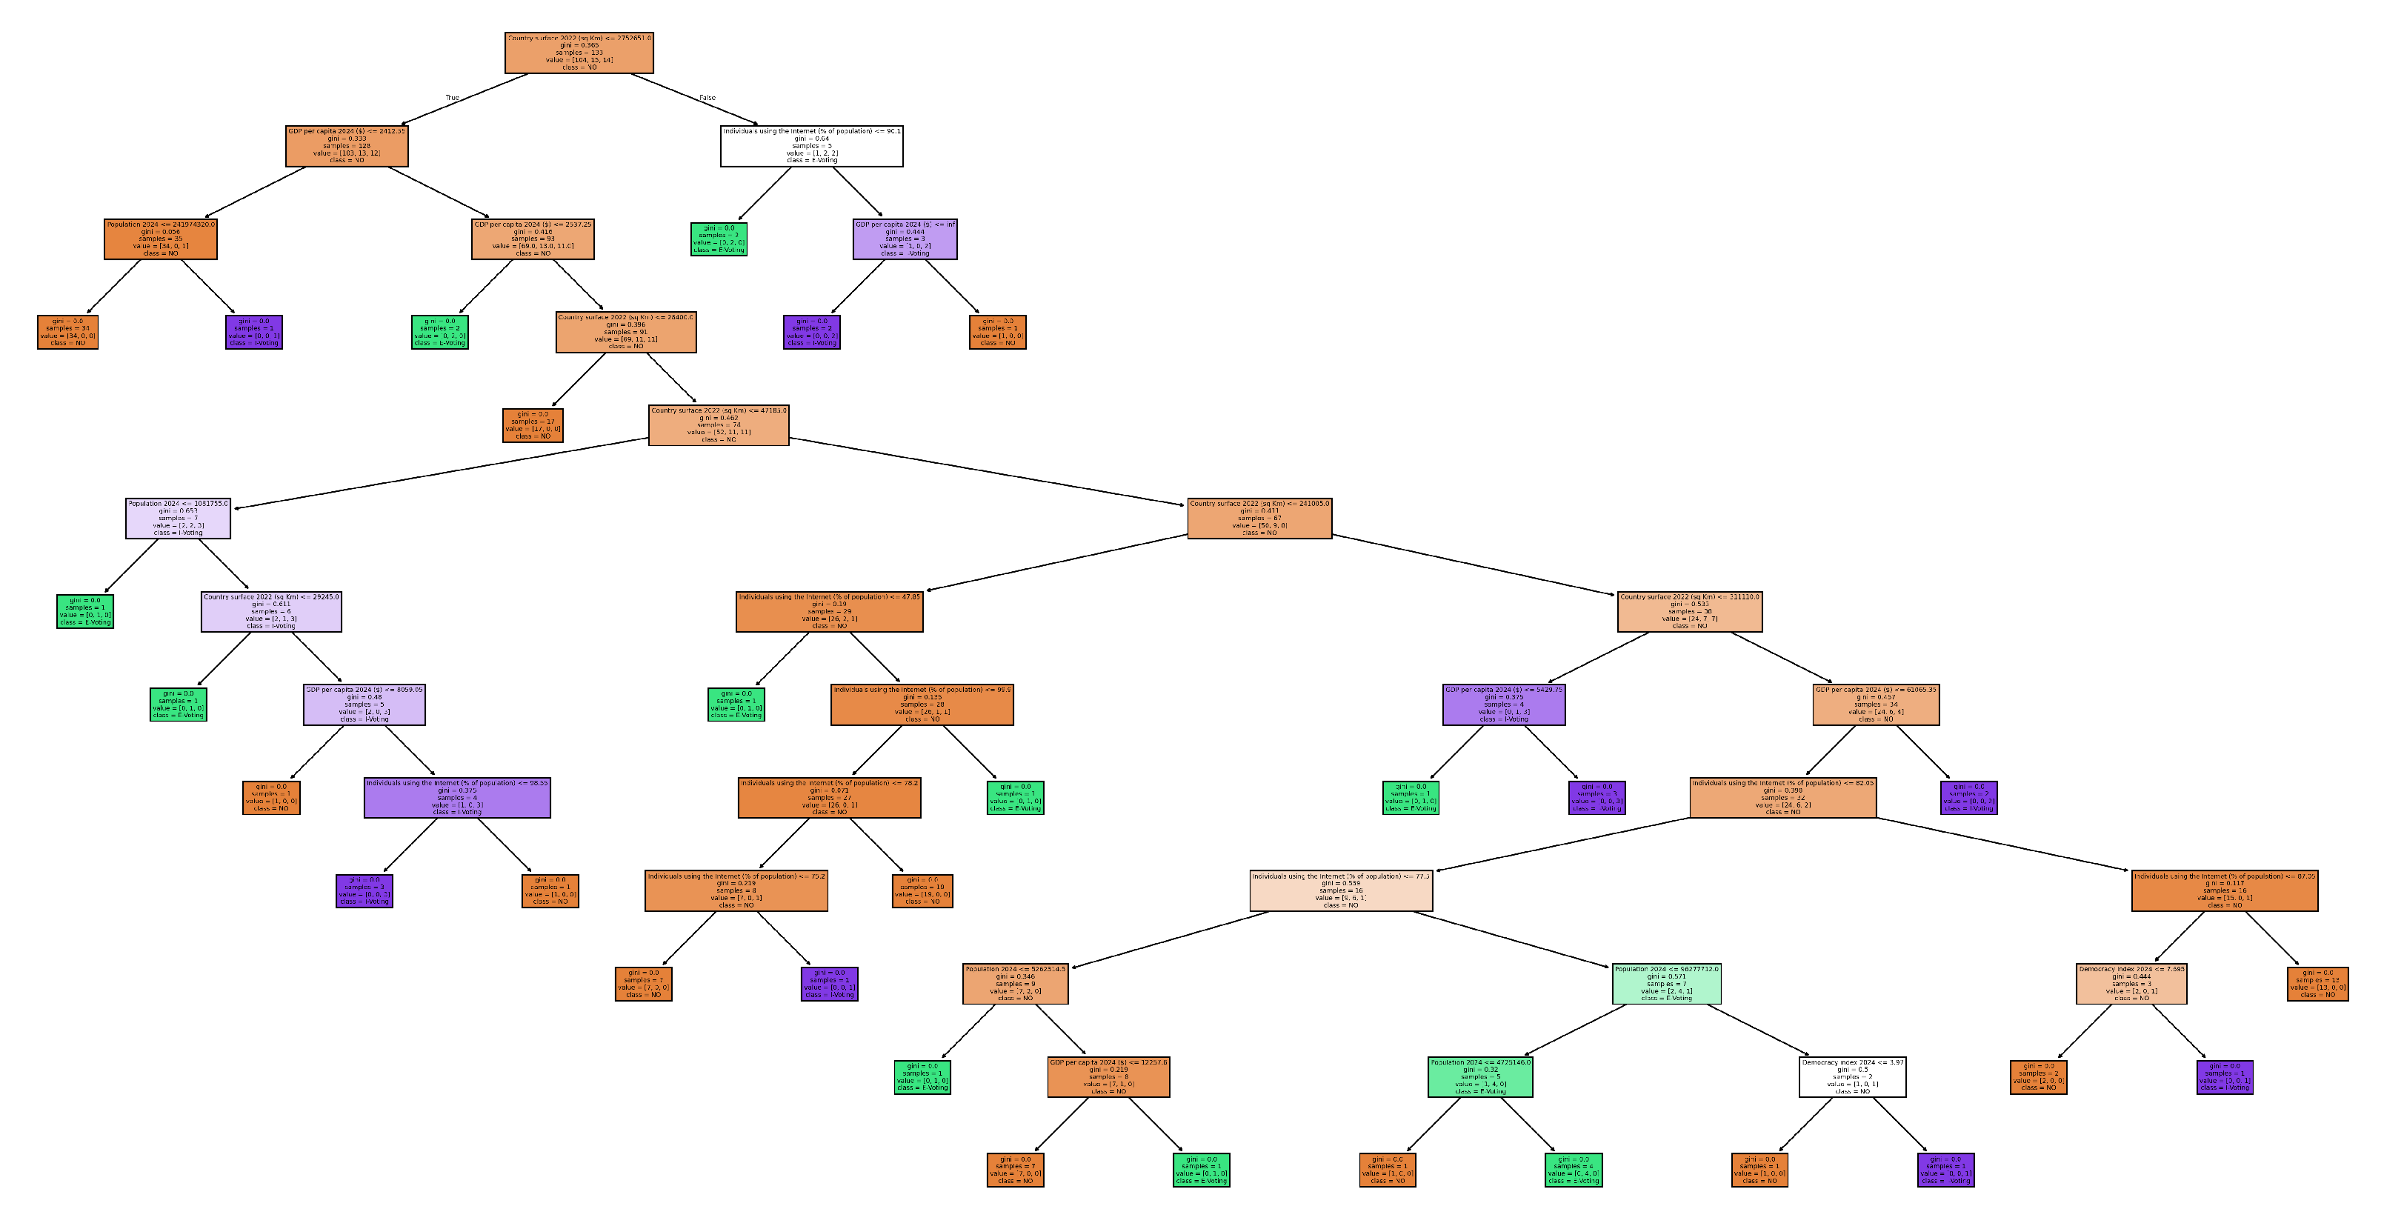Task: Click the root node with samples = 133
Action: pos(579,53)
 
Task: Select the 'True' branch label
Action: pos(452,97)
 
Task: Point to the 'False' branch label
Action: pos(707,97)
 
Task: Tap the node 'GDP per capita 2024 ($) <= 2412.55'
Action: pos(346,146)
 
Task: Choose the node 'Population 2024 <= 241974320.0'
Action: pos(160,239)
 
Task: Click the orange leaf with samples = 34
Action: pos(67,332)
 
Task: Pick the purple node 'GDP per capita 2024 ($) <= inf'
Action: pos(904,239)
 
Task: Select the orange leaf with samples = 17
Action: pos(532,426)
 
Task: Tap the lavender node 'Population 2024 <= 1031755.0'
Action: pos(178,519)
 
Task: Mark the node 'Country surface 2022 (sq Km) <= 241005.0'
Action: pos(1259,519)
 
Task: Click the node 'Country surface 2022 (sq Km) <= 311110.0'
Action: pos(1689,612)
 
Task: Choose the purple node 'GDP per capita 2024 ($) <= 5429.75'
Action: pos(1503,705)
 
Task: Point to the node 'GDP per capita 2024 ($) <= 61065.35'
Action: pos(1876,705)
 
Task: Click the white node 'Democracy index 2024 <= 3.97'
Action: pos(1852,1077)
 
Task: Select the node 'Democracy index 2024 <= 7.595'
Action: pos(2131,984)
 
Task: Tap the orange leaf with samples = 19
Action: pos(922,891)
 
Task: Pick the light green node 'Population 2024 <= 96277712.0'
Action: pos(1666,984)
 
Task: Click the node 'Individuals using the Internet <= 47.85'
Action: pos(829,612)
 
